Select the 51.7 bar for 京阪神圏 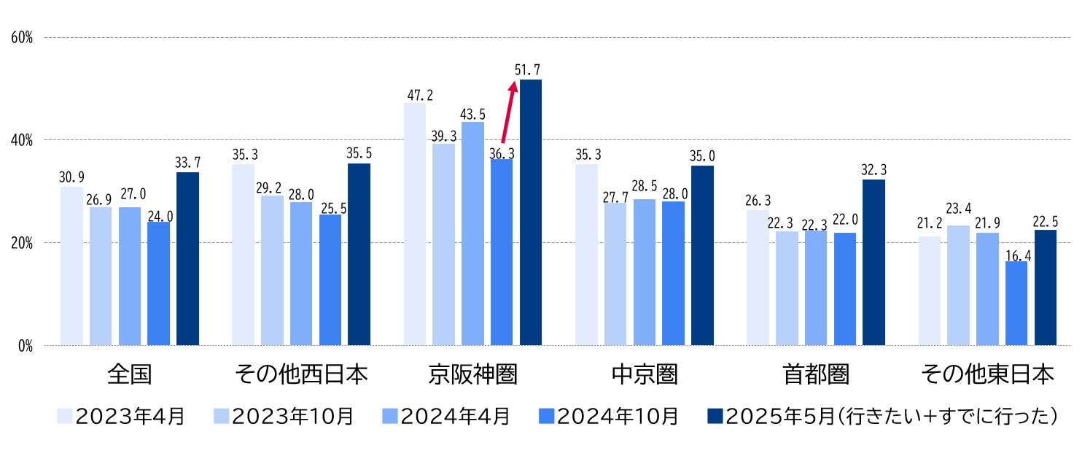pos(531,212)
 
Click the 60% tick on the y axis pos(22,37)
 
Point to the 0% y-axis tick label pos(25,346)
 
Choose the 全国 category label pos(129,374)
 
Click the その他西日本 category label pos(300,374)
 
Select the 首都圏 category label pos(816,374)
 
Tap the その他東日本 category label pos(987,374)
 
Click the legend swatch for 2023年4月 pos(65,417)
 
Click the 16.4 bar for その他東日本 pos(1016,303)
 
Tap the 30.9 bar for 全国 pos(71,266)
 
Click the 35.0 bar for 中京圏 pos(702,255)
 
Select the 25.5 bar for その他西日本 pos(330,279)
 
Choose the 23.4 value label pos(959,217)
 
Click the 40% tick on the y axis pos(22,140)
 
